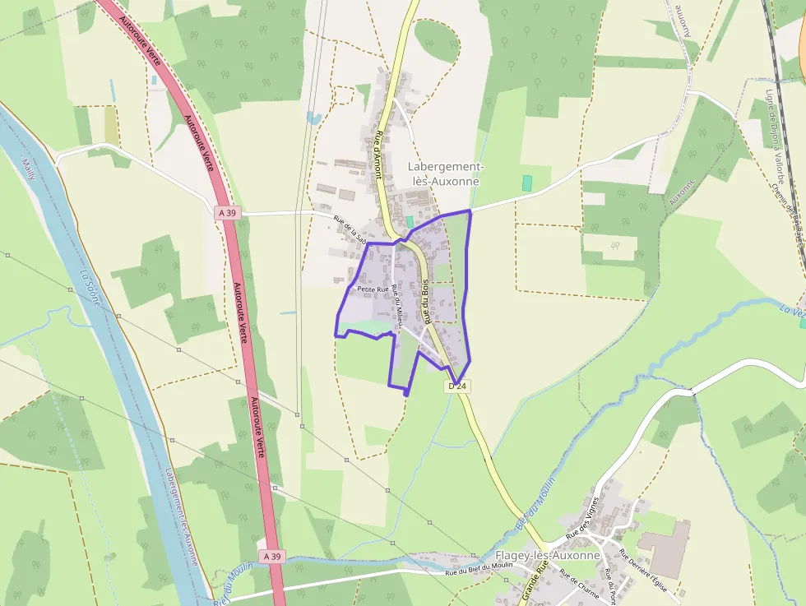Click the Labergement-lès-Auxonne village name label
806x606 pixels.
tap(443, 173)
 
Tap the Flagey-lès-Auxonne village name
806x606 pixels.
tap(548, 556)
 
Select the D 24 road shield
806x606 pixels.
tap(458, 386)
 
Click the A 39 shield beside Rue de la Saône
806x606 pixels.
tap(228, 212)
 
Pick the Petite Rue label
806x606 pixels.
tap(372, 289)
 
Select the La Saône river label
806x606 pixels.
tap(90, 288)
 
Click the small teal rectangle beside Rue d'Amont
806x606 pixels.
tap(410, 222)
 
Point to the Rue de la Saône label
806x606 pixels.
tap(350, 229)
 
